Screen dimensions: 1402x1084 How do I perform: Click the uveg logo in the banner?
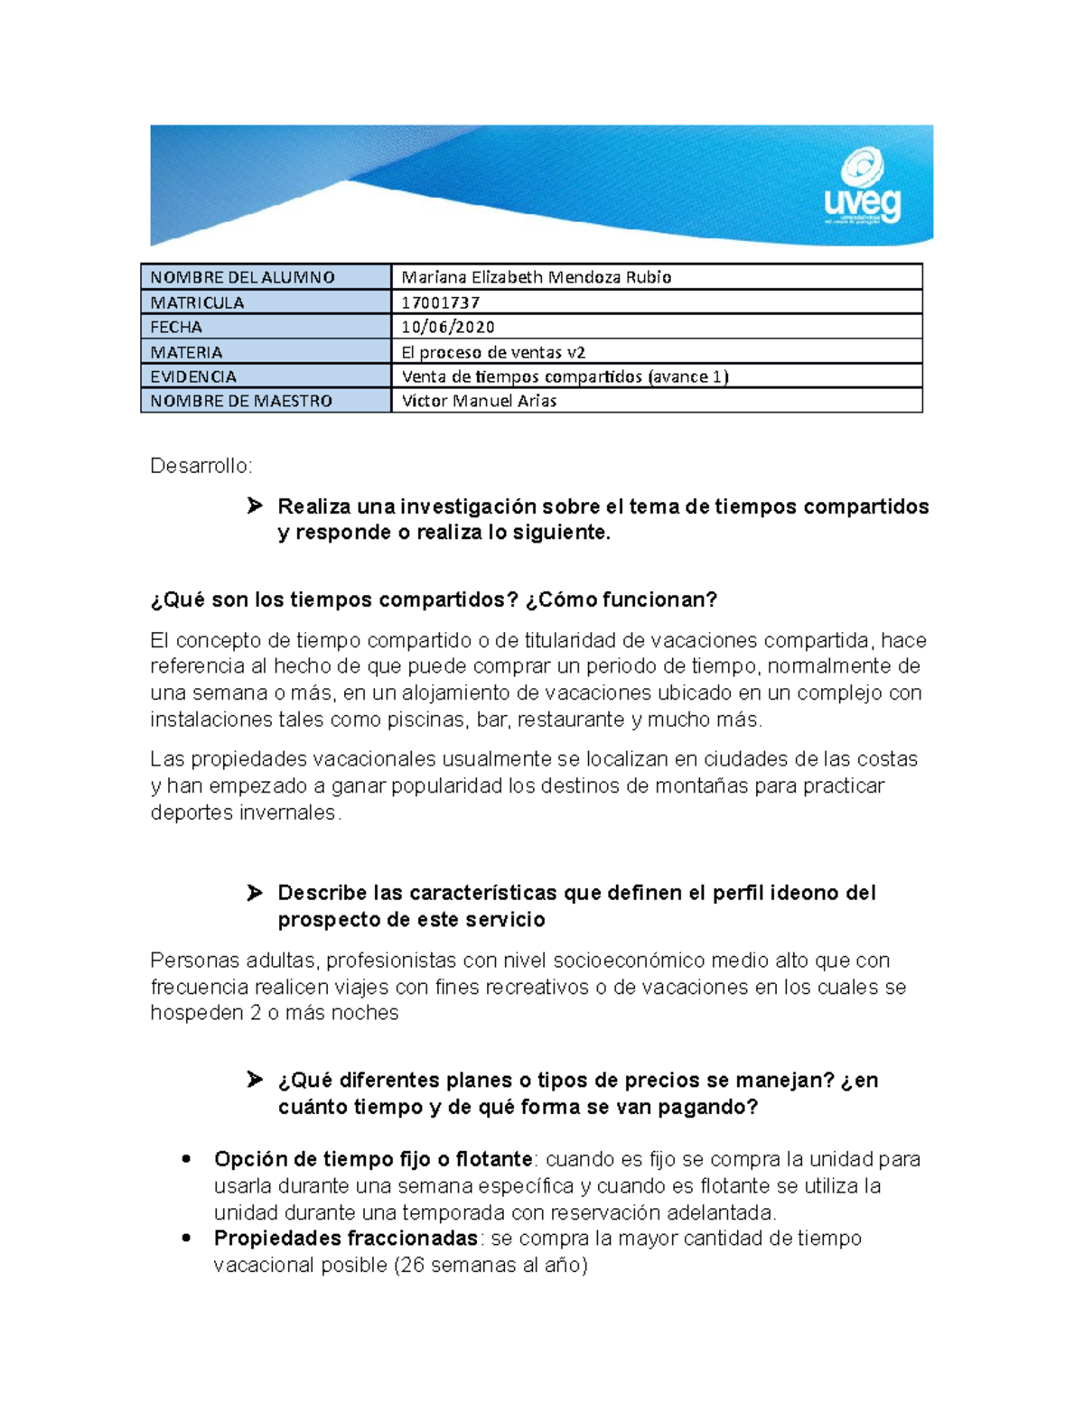pos(863,188)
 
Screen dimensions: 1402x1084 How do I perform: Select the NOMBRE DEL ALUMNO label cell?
pos(242,277)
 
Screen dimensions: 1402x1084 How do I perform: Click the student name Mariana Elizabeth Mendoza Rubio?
pos(536,277)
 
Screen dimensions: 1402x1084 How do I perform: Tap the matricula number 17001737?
pos(441,302)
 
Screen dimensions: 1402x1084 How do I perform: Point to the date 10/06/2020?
pos(448,327)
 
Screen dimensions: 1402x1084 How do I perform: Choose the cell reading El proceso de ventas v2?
pos(493,352)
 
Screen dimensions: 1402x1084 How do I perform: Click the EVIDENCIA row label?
pos(193,376)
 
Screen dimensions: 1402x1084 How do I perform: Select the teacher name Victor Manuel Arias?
pos(479,401)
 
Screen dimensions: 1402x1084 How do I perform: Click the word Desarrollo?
pos(200,466)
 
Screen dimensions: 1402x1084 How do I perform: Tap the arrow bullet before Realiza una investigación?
pos(255,506)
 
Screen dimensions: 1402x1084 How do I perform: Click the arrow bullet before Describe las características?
pos(255,893)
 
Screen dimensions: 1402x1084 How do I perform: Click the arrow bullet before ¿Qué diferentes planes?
pos(255,1080)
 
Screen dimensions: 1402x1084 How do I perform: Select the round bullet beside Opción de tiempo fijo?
pos(187,1158)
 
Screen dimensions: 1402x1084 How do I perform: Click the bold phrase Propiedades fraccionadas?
pos(345,1238)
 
